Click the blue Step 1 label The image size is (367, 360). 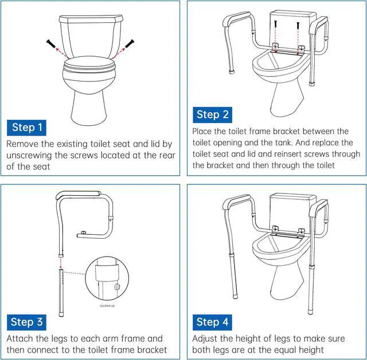[26, 127]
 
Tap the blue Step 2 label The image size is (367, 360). [212, 115]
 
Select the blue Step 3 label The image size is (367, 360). [26, 322]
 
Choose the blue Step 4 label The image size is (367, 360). [212, 322]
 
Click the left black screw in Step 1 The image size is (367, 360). [51, 44]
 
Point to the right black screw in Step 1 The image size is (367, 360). [130, 44]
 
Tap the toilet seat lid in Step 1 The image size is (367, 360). [89, 64]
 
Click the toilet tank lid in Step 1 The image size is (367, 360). [91, 19]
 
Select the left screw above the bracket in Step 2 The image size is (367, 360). [275, 24]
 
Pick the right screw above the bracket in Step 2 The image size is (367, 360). [298, 25]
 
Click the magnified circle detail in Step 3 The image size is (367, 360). [107, 278]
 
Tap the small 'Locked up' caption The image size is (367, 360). [107, 305]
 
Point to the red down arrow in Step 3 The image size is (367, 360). [61, 263]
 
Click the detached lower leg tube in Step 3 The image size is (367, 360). [61, 292]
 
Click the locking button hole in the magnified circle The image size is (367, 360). [117, 287]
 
